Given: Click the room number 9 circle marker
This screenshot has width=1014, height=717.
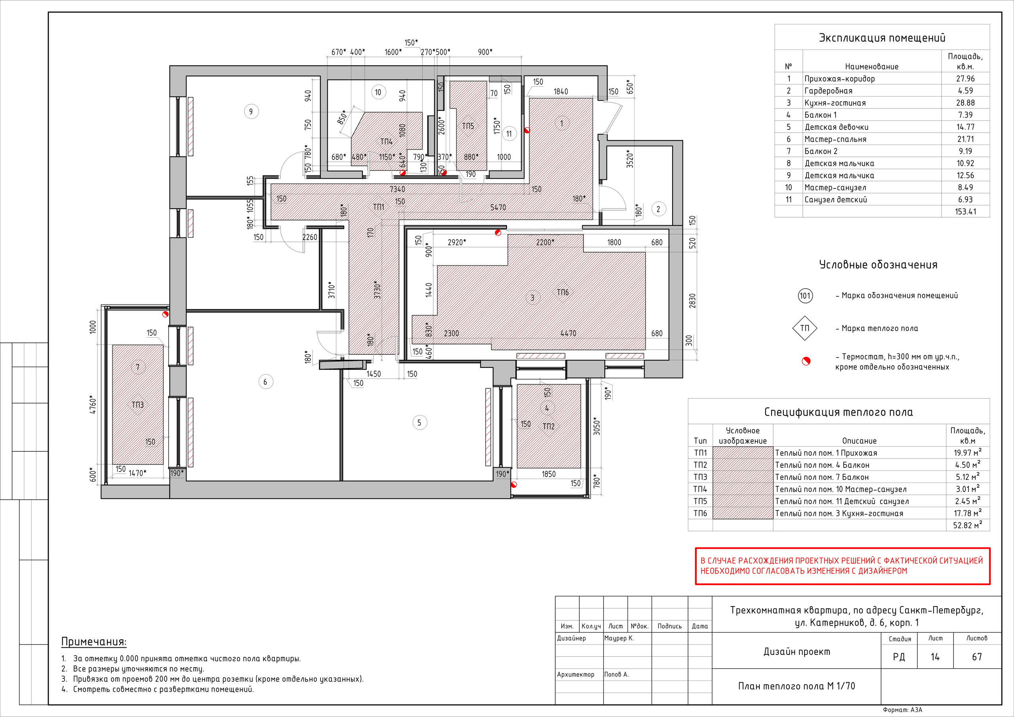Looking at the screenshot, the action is pyautogui.click(x=251, y=111).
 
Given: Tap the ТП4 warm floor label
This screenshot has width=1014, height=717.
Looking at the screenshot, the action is pyautogui.click(x=387, y=142).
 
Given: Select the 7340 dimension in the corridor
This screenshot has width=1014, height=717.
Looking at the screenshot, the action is pyautogui.click(x=397, y=189).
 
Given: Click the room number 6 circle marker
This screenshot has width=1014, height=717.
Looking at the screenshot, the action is pyautogui.click(x=265, y=382).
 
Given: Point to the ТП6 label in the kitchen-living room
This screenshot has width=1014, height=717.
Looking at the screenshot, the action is pyautogui.click(x=562, y=292).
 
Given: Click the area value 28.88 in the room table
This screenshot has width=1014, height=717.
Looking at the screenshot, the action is pyautogui.click(x=965, y=103).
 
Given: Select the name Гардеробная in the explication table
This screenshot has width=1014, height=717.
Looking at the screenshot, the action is pyautogui.click(x=829, y=91).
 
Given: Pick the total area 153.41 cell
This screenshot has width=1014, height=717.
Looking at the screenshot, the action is pyautogui.click(x=965, y=211).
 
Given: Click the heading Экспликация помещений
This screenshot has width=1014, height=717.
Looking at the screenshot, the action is pyautogui.click(x=882, y=38).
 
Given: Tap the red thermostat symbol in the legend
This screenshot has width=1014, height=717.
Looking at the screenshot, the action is pyautogui.click(x=806, y=361).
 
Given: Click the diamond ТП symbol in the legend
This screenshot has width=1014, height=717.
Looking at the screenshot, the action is pyautogui.click(x=804, y=328).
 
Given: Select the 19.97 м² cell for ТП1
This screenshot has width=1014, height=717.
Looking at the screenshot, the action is pyautogui.click(x=967, y=453).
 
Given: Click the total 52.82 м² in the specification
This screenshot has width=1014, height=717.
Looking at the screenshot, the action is pyautogui.click(x=967, y=525).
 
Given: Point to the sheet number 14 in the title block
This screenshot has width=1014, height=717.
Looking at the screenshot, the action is pyautogui.click(x=935, y=657).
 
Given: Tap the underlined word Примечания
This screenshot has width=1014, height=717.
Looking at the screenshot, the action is pyautogui.click(x=93, y=642).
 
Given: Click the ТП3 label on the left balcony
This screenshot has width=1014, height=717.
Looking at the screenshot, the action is pyautogui.click(x=138, y=405).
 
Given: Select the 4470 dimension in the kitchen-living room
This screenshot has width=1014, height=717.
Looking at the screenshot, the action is pyautogui.click(x=568, y=333).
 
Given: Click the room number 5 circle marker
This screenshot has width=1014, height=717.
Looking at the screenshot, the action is pyautogui.click(x=419, y=422).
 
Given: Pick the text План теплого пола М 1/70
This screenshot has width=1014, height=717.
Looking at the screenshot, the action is pyautogui.click(x=797, y=686).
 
